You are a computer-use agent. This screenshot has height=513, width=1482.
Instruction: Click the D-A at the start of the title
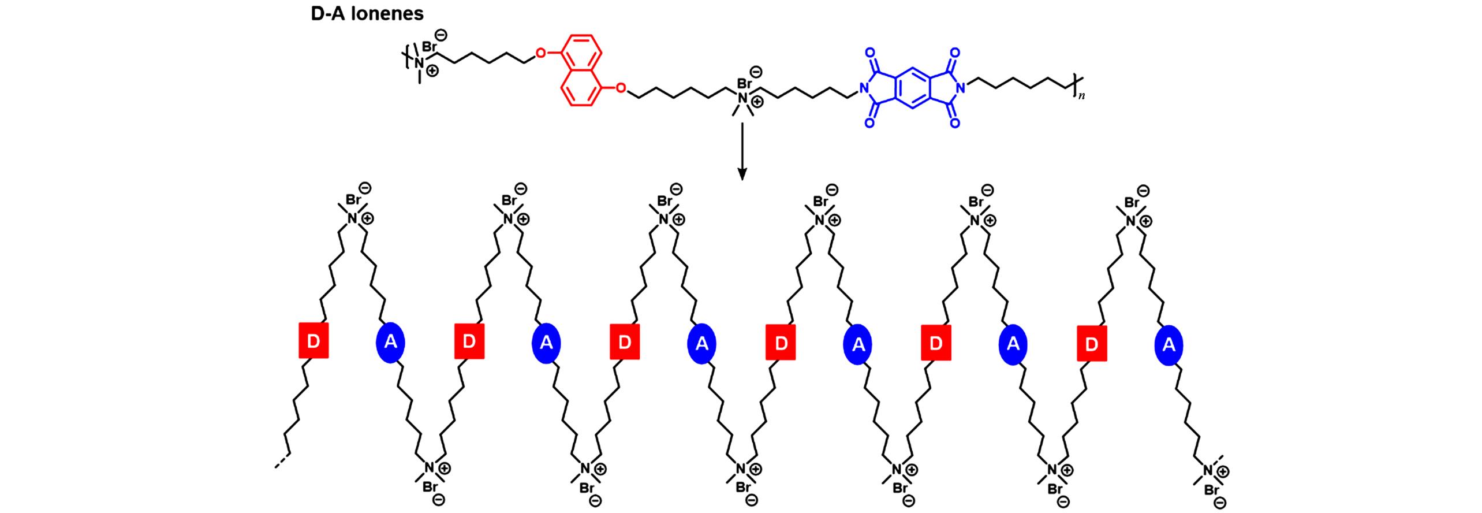326,13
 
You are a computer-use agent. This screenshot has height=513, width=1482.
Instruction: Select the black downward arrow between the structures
742,151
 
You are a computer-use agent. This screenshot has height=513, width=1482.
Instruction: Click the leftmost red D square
313,341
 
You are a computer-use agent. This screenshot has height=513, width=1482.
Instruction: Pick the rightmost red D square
1092,343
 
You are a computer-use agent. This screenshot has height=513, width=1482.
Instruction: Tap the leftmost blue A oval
391,342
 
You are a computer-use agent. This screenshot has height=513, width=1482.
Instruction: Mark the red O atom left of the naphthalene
540,54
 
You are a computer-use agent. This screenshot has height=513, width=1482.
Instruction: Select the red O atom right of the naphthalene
621,88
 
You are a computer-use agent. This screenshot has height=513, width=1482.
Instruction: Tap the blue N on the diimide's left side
864,88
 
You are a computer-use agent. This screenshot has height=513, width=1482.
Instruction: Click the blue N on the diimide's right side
960,88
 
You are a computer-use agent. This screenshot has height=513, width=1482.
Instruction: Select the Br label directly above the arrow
745,84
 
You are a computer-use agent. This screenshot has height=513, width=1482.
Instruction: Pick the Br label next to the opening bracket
430,46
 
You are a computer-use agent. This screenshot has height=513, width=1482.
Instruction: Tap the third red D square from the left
625,342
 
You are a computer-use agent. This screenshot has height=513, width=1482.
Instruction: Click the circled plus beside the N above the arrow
757,102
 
